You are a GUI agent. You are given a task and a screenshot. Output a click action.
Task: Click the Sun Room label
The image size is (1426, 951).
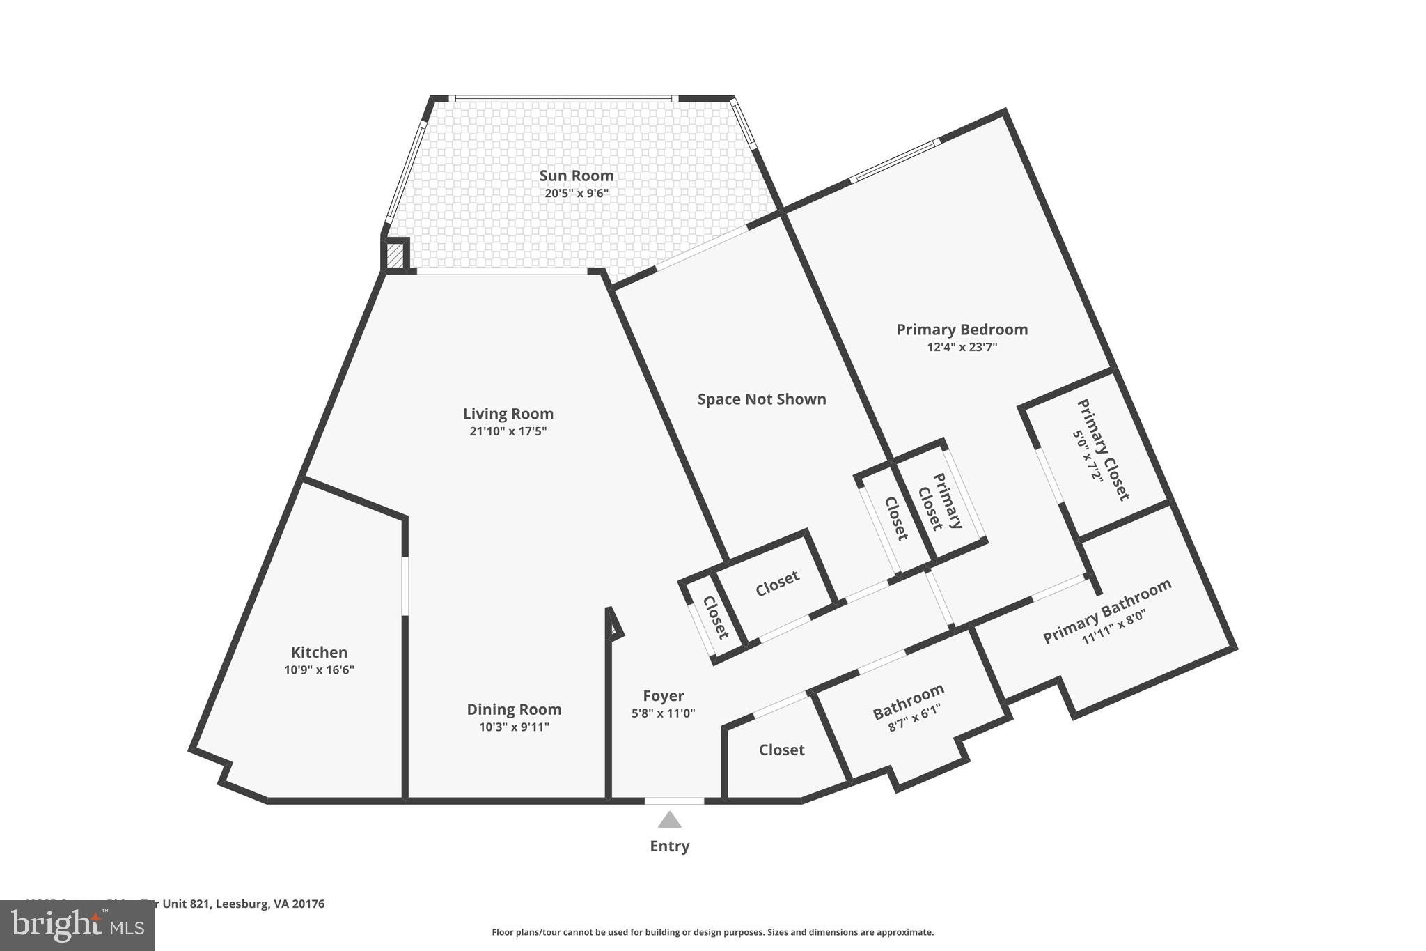click(577, 176)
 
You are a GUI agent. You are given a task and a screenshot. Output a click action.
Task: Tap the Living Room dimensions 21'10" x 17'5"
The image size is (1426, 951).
click(508, 431)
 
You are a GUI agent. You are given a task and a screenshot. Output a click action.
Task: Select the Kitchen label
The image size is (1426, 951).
click(319, 652)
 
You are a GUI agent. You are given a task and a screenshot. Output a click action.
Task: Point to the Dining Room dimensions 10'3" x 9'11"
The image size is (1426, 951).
click(514, 727)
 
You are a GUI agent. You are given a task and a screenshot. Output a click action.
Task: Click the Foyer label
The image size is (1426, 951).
click(663, 695)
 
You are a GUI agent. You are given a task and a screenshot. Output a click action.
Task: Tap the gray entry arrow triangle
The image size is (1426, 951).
click(669, 820)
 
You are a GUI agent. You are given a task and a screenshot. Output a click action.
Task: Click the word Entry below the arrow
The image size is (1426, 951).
click(669, 846)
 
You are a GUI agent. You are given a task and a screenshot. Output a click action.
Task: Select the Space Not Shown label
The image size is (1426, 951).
click(762, 399)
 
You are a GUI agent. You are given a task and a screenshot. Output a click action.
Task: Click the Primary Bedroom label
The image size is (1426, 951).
click(962, 330)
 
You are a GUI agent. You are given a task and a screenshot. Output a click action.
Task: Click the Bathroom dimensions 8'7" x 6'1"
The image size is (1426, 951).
click(914, 718)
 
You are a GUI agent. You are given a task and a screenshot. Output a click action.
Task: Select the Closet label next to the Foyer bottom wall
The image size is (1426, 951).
click(781, 750)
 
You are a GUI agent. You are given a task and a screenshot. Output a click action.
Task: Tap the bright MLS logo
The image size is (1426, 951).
click(77, 925)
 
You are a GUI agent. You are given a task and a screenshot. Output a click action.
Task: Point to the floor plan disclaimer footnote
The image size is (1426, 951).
click(712, 932)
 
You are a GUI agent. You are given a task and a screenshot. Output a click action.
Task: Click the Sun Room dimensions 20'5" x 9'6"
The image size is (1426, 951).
click(577, 193)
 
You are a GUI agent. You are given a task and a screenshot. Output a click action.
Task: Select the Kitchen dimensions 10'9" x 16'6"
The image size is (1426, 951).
click(319, 670)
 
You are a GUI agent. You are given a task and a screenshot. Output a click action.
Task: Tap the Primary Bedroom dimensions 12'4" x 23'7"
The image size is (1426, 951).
click(962, 347)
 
